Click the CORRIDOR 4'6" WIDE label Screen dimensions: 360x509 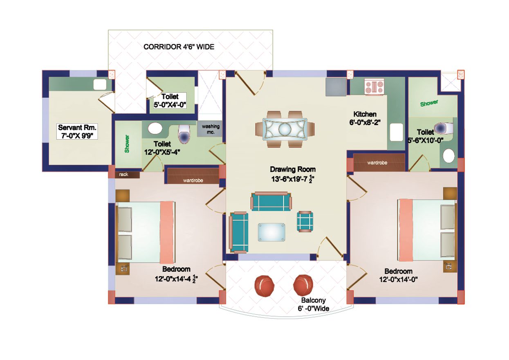(x=179, y=47)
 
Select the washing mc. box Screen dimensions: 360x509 (x=211, y=129)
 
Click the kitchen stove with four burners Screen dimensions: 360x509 (x=374, y=87)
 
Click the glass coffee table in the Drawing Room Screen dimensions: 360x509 (x=271, y=232)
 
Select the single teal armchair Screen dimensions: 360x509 (x=305, y=221)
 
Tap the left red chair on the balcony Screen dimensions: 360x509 (x=264, y=286)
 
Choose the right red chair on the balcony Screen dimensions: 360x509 (x=303, y=285)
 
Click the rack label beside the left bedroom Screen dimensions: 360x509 (x=123, y=175)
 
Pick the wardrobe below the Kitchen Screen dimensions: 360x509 (x=377, y=163)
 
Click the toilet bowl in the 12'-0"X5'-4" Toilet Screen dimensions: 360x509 (x=184, y=134)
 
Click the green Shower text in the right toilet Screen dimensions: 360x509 (x=429, y=103)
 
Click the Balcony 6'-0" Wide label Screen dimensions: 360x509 (x=313, y=304)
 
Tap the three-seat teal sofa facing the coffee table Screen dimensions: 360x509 (x=271, y=201)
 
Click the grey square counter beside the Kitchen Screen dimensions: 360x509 (x=335, y=87)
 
